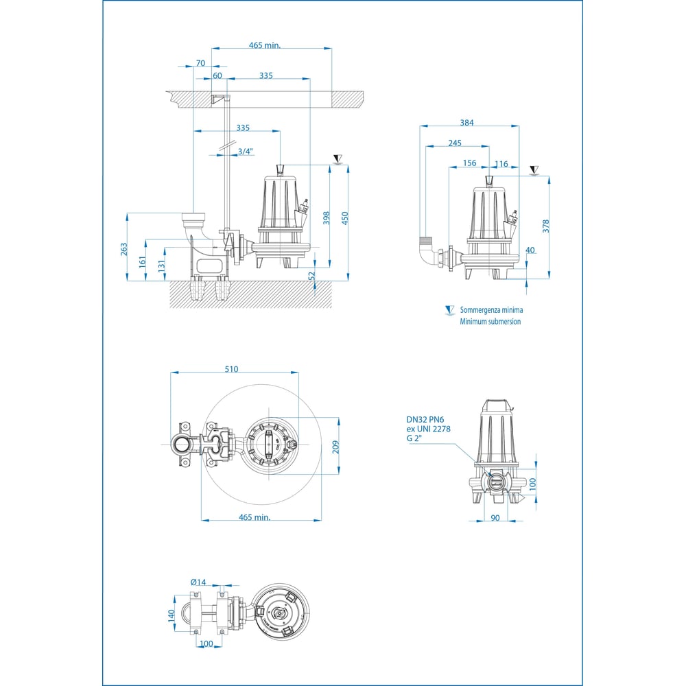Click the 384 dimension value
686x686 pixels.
click(x=466, y=123)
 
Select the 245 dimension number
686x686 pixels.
click(x=454, y=143)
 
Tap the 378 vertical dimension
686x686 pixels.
click(x=546, y=226)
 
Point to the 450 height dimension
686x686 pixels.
click(x=346, y=217)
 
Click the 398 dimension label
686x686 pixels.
click(x=327, y=217)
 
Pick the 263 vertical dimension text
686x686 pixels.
click(x=124, y=248)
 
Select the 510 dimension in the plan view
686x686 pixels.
click(x=230, y=369)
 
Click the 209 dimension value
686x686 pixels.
click(x=336, y=447)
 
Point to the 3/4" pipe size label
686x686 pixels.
click(x=246, y=152)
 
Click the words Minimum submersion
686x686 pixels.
click(x=490, y=321)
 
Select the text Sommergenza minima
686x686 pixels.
click(x=491, y=311)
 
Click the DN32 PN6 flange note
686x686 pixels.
click(x=426, y=418)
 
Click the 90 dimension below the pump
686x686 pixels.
click(x=495, y=518)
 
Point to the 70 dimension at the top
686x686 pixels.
click(x=200, y=63)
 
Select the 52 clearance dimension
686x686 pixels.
click(x=312, y=274)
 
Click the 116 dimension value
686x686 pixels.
click(x=501, y=163)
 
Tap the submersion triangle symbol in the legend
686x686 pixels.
click(x=449, y=310)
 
